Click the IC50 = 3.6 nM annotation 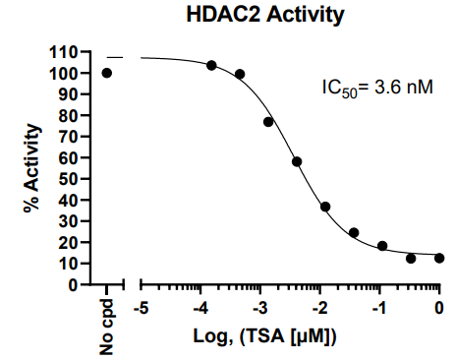pyautogui.click(x=375, y=88)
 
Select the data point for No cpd pyautogui.click(x=107, y=73)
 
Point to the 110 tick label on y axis pyautogui.click(x=65, y=52)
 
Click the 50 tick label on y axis pyautogui.click(x=70, y=179)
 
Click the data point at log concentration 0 pyautogui.click(x=439, y=258)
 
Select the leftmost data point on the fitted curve pyautogui.click(x=211, y=65)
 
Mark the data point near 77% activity pyautogui.click(x=268, y=122)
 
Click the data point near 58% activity pyautogui.click(x=297, y=161)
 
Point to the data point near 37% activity pyautogui.click(x=325, y=207)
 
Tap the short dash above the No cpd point pyautogui.click(x=115, y=57)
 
